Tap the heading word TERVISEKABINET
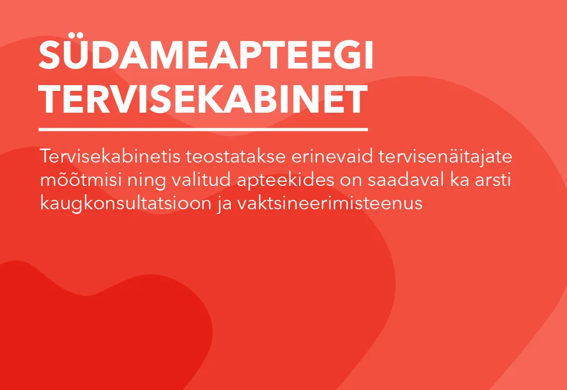203,99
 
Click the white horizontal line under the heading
203,129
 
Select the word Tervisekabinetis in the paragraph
110,156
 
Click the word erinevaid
332,156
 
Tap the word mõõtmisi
81,180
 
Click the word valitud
201,180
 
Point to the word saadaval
406,180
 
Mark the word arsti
493,180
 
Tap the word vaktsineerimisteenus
330,203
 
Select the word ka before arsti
459,180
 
